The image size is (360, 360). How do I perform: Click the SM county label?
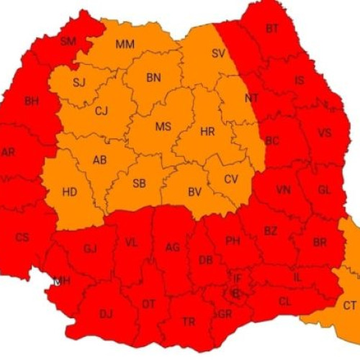[68, 41]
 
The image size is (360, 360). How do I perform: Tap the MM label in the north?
[125, 45]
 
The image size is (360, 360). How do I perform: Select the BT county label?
[272, 29]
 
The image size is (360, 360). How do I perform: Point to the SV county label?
[218, 53]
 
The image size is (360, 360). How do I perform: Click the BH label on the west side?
[32, 102]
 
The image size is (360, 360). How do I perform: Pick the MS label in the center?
[163, 127]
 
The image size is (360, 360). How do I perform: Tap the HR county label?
[207, 132]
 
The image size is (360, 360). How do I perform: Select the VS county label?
[324, 132]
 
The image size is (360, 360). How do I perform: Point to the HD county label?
[70, 192]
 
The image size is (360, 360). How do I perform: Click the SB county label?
[140, 183]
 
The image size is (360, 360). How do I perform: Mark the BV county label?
[194, 192]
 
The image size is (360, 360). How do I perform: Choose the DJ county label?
[106, 313]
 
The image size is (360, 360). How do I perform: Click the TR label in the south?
[189, 322]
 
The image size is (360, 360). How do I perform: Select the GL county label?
[324, 189]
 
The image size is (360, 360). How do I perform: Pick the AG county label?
[172, 248]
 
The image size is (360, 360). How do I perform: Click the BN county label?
[153, 78]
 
